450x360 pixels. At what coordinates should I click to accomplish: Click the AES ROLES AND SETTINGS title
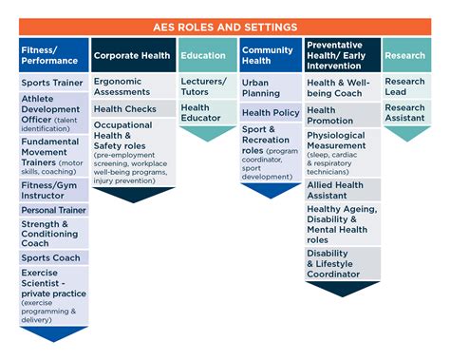[x=225, y=26]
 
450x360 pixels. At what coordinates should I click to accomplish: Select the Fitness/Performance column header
[x=53, y=55]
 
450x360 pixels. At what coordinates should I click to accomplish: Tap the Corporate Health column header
[x=133, y=55]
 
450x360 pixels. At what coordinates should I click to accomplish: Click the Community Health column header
[x=269, y=55]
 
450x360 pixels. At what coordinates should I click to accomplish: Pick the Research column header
[x=405, y=55]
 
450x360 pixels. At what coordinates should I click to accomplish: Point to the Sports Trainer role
[x=53, y=83]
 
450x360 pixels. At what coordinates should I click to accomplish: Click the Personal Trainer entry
[x=53, y=210]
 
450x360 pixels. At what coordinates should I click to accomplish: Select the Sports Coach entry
[x=53, y=256]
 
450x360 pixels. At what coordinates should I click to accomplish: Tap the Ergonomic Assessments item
[x=133, y=88]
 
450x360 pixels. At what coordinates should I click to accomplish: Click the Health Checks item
[x=133, y=109]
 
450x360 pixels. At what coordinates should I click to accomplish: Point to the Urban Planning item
[x=269, y=88]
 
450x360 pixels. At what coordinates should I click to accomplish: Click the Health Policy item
[x=269, y=113]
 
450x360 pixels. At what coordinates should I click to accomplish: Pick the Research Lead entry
[x=405, y=88]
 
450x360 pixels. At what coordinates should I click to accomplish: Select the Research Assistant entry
[x=405, y=114]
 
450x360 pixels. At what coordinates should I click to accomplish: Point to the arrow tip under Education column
[x=206, y=140]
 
